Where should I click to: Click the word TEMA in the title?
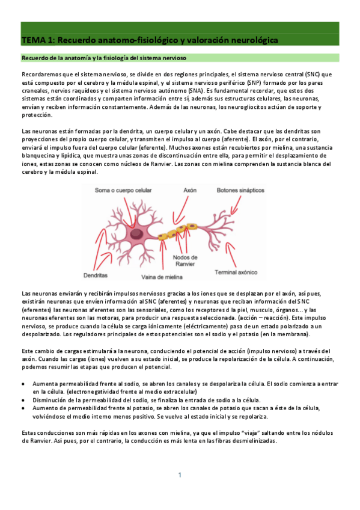(31, 40)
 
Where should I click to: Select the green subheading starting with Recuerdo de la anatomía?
(104, 58)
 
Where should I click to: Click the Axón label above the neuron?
(191, 190)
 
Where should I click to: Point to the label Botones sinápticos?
(240, 190)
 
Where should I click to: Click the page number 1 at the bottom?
(179, 475)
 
